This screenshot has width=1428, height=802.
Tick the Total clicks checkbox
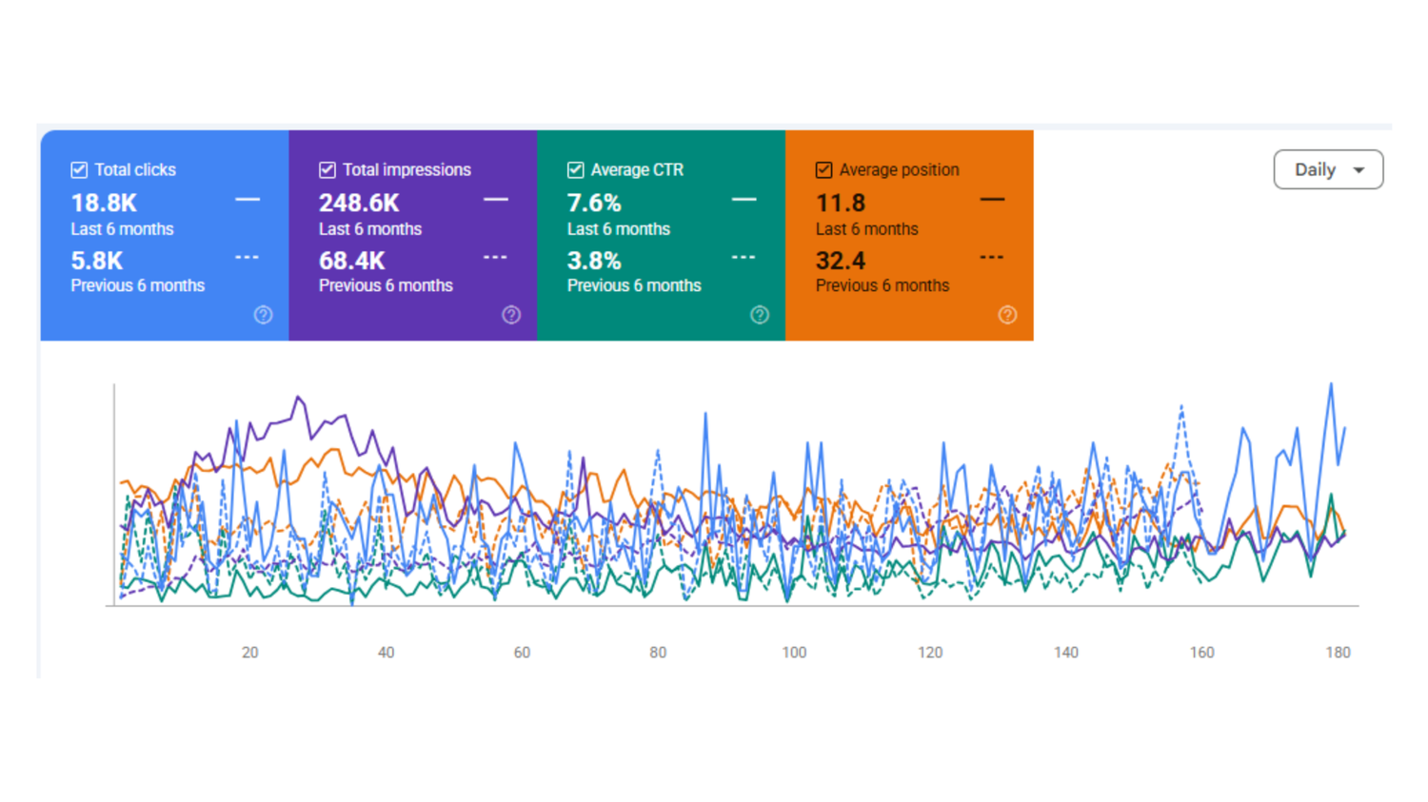click(79, 170)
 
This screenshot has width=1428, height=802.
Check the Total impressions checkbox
click(327, 170)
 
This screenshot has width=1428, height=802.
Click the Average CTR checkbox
click(575, 170)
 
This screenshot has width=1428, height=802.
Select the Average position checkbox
click(823, 170)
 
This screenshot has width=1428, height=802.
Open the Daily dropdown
click(1329, 169)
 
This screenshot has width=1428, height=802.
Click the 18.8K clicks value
click(104, 204)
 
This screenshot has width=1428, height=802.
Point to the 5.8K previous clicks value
click(97, 261)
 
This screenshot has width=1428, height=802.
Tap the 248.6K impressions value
click(359, 204)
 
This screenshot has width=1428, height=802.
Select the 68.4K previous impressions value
click(352, 261)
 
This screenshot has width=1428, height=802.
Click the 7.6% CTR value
click(594, 204)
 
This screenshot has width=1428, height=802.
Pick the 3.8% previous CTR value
click(594, 261)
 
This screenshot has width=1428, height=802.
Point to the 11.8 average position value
click(841, 204)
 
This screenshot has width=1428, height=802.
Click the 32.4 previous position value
click(841, 261)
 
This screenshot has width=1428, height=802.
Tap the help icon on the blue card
click(264, 315)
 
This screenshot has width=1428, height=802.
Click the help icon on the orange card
click(1007, 315)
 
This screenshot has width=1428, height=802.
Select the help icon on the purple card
click(511, 315)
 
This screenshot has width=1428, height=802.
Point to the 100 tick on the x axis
click(794, 653)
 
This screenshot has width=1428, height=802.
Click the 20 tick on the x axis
click(249, 653)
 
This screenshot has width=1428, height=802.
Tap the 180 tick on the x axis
click(1339, 653)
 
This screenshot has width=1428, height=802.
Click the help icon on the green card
click(760, 315)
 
